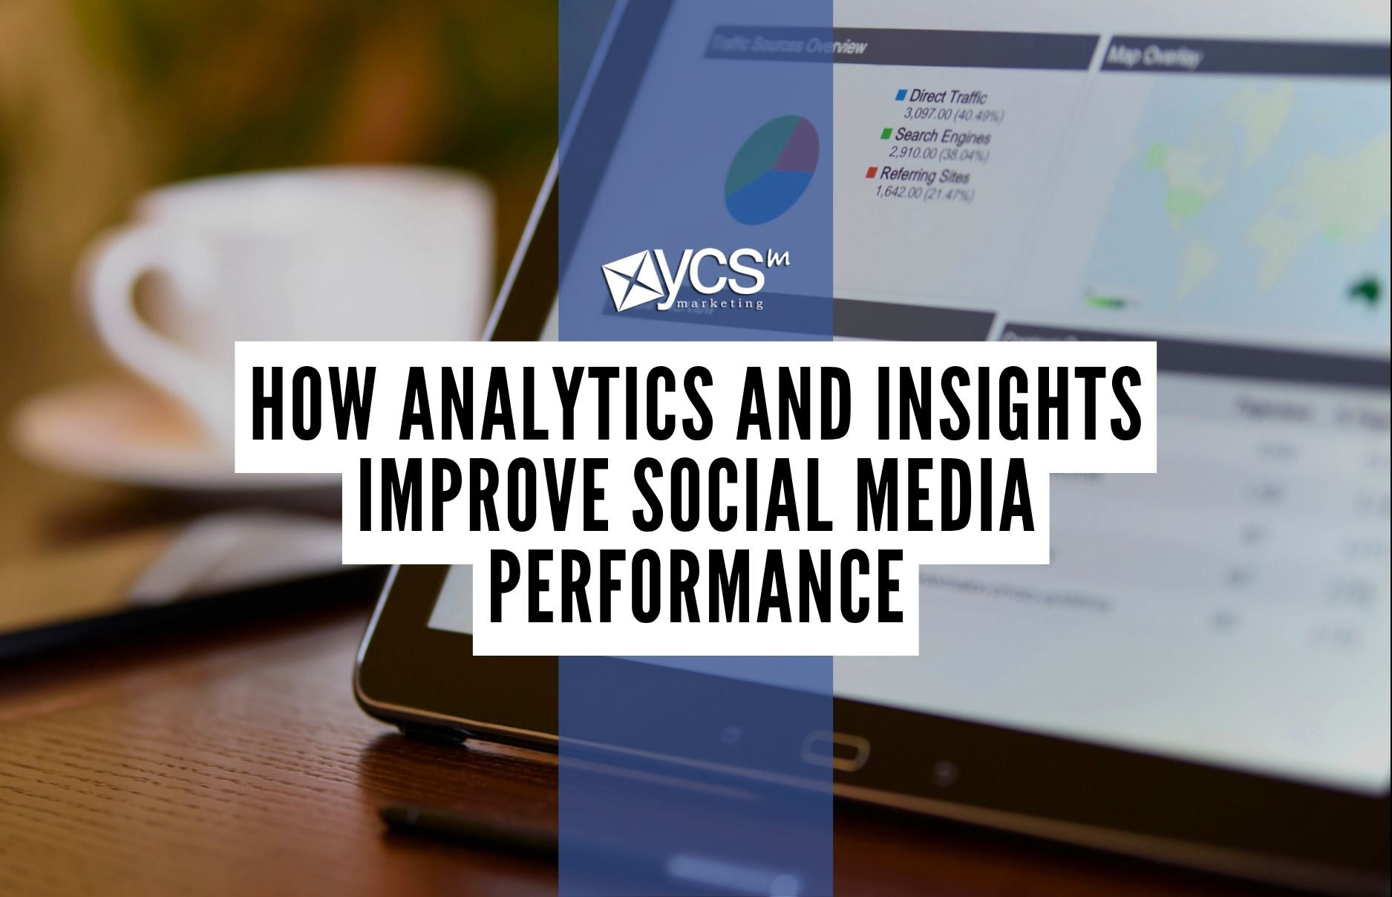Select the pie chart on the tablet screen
coord(772,169)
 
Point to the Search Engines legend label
coord(942,136)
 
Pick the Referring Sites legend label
coord(924,175)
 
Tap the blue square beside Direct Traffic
coord(901,95)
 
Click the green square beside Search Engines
coord(886,134)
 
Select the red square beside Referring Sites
coord(871,173)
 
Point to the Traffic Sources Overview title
coord(788,46)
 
